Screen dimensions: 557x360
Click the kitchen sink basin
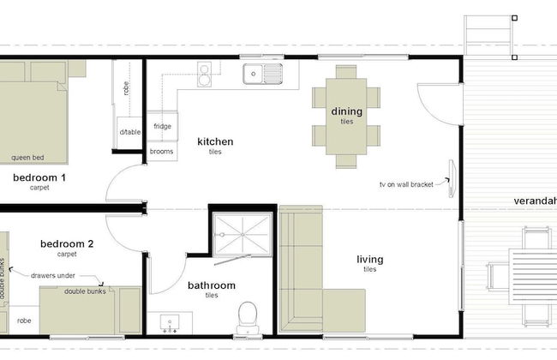[x=254, y=74]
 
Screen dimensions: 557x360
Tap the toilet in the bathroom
[x=248, y=317]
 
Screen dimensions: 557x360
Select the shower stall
[x=243, y=235]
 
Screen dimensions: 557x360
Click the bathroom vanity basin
[x=170, y=323]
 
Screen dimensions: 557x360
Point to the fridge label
[x=162, y=126]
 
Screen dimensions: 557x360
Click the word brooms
[x=162, y=152]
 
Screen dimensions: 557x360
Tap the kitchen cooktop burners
[x=204, y=75]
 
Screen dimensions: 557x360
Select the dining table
[x=346, y=117]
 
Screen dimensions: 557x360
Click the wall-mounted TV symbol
[x=452, y=178]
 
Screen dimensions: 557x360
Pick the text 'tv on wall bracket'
[x=406, y=184]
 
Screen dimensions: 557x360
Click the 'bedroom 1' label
[x=39, y=177]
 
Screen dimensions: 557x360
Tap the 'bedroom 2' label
[x=67, y=243]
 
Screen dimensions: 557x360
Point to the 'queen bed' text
[x=27, y=158]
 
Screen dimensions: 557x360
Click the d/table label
[x=130, y=132]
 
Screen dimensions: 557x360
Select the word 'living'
[x=370, y=260]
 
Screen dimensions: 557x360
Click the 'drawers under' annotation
[x=53, y=275]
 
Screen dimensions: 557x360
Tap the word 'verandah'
[x=536, y=201]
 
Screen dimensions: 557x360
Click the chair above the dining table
[x=346, y=71]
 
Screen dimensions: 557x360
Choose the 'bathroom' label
[x=212, y=285]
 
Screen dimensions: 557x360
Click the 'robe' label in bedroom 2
[x=24, y=321]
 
